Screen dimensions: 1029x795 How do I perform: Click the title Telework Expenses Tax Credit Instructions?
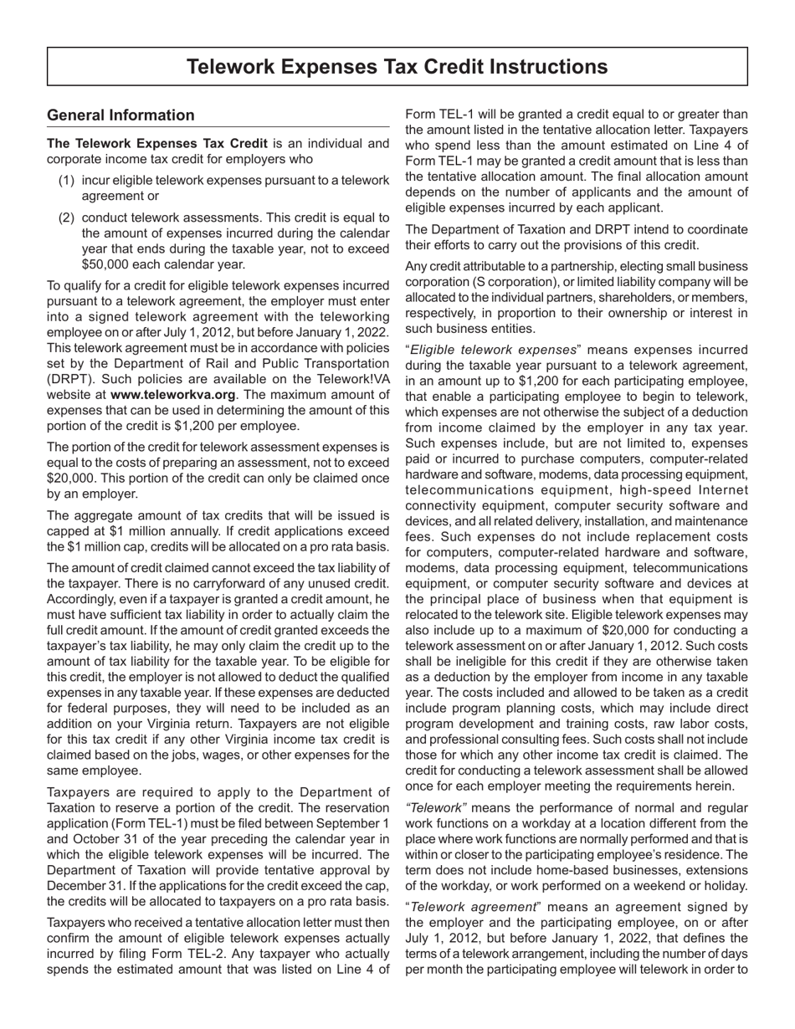coord(397,67)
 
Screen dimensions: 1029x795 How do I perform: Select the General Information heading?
coord(121,115)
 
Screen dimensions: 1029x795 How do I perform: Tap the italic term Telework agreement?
coord(480,907)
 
